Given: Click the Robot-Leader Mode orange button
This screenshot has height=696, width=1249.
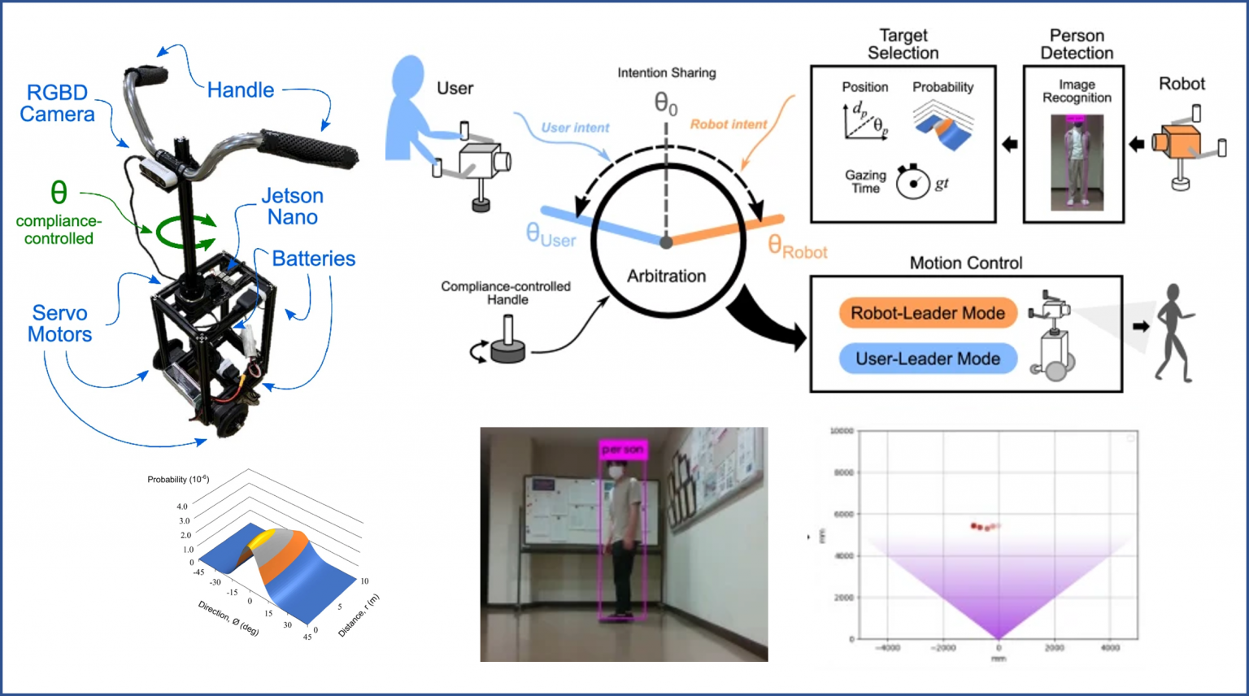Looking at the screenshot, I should coord(927,313).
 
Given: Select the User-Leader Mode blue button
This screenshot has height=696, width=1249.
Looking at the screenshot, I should coord(927,359).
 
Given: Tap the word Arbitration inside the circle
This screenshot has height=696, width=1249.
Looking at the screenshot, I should coord(666,276).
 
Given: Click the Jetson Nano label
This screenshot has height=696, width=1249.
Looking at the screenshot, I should coord(293,207).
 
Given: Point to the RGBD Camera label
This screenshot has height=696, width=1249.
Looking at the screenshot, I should coord(57,103).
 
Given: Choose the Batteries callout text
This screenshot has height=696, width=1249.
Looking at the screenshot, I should coord(313,259).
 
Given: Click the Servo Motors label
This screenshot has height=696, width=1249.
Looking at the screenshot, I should coord(59,324).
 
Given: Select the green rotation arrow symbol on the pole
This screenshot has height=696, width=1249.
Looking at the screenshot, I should coord(186,231).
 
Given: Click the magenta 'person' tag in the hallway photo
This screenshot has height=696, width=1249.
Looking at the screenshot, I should coord(623,450).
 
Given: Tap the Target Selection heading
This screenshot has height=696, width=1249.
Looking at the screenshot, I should coord(903,44).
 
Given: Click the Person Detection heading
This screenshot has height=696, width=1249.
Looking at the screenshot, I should coord(1077,44).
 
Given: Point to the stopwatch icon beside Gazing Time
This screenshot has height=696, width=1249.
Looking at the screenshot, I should coord(912,182).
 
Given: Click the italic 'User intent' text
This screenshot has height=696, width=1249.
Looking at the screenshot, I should coord(575,128).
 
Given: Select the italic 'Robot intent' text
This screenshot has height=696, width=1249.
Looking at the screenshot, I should coord(729,124).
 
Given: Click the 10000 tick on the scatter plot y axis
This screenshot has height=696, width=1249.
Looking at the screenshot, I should coord(842,431).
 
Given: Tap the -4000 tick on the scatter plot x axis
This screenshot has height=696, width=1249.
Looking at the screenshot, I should coord(887,648).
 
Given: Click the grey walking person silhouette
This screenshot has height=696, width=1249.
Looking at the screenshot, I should coord(1174,333).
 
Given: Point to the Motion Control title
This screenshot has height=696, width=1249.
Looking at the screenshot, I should coord(966,263).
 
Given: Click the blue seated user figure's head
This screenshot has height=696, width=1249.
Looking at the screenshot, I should coord(410,76).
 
